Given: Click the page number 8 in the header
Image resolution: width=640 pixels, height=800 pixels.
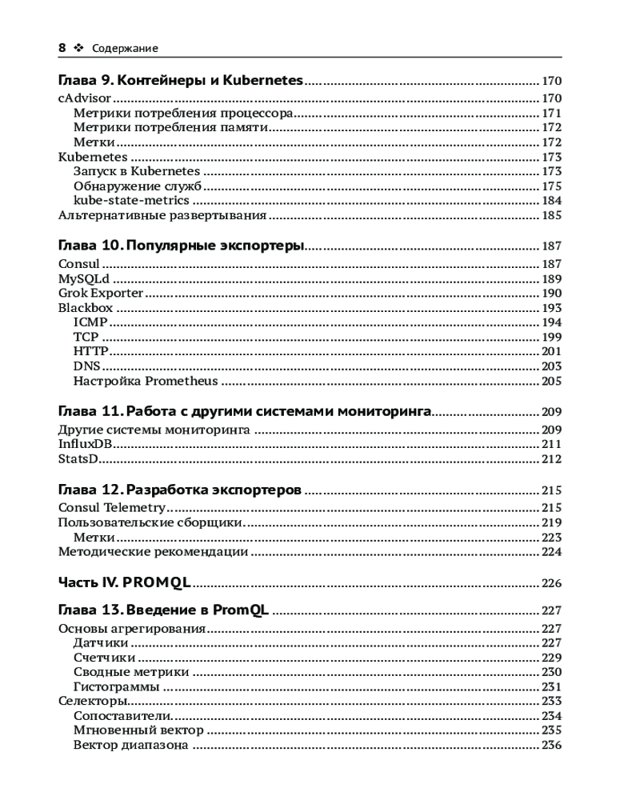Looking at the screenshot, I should (x=62, y=48).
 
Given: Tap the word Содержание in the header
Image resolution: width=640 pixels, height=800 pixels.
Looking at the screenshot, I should (x=125, y=49).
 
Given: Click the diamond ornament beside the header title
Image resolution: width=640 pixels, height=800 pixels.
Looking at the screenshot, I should (x=78, y=48).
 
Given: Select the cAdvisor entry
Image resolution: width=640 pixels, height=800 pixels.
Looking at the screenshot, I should (x=84, y=98).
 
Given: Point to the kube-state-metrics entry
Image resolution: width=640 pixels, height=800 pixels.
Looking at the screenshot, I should (x=131, y=200).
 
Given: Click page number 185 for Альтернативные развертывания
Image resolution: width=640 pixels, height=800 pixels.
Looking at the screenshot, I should (x=551, y=215).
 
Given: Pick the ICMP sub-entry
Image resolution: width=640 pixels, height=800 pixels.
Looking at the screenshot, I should (x=90, y=322).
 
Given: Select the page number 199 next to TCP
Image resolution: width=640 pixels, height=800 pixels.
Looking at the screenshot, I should (x=551, y=337).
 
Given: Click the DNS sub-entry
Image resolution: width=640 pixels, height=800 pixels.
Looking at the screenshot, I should (x=87, y=366).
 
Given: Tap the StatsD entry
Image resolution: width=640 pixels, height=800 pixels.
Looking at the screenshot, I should (x=78, y=459).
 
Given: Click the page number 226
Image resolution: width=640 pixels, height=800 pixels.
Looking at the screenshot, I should (x=551, y=582).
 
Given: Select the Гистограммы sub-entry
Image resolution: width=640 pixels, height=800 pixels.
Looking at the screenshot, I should (x=117, y=686).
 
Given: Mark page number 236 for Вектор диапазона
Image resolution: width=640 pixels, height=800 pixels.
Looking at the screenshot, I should (x=551, y=745).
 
